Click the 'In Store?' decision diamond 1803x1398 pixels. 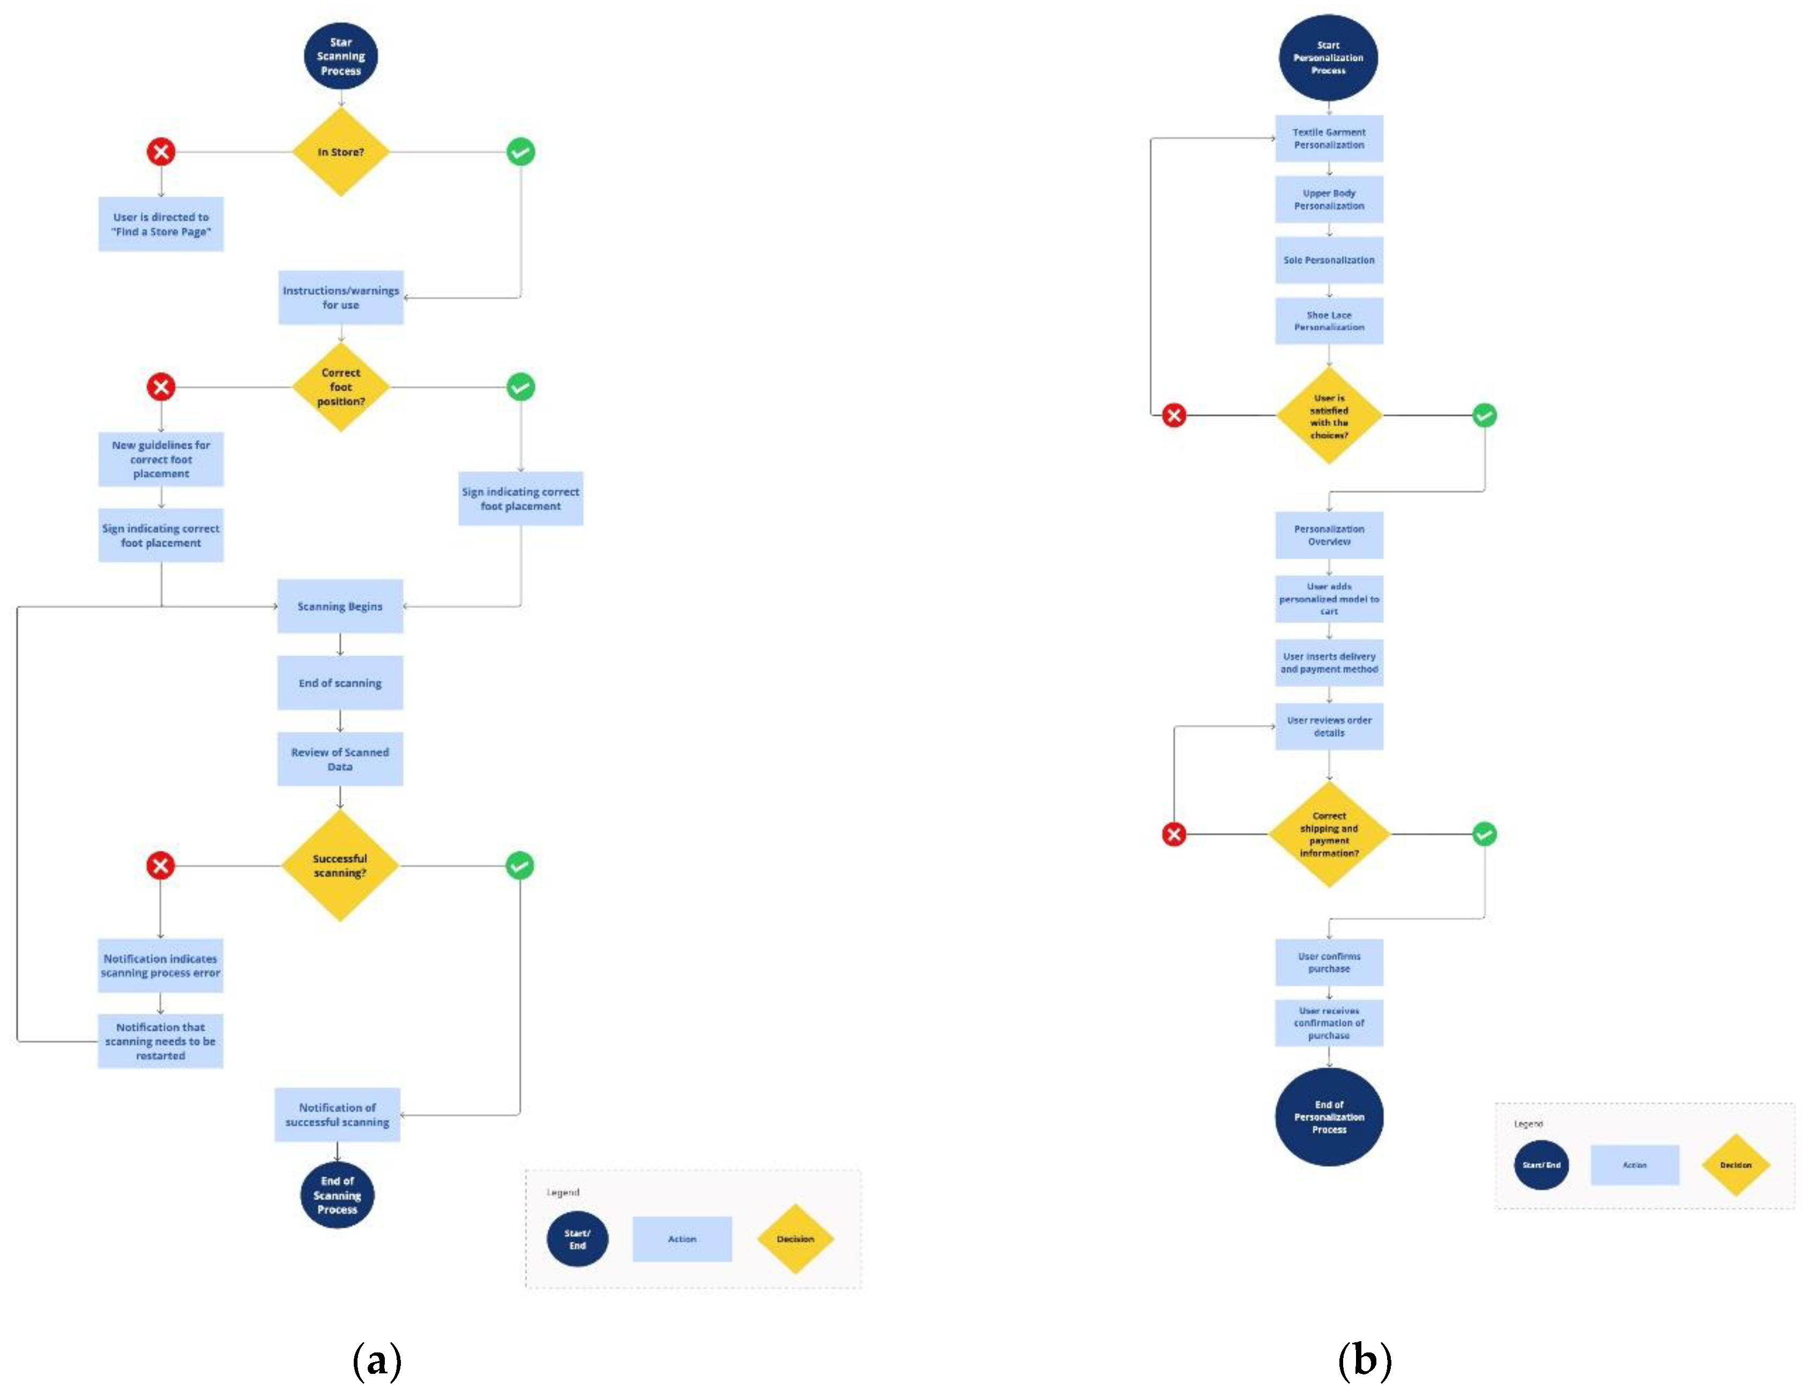click(x=340, y=152)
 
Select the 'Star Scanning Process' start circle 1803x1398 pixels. click(x=340, y=56)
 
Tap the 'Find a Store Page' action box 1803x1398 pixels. click(x=161, y=224)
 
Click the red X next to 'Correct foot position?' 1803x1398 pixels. click(x=161, y=386)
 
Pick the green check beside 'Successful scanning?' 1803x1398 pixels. click(x=519, y=865)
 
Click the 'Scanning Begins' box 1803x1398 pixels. click(x=340, y=606)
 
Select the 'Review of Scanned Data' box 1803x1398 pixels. click(x=340, y=759)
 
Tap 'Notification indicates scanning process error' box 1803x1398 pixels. click(x=160, y=965)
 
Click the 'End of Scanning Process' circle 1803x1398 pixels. click(x=337, y=1195)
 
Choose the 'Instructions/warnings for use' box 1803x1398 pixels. click(x=340, y=298)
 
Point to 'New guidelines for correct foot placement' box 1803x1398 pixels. click(x=161, y=459)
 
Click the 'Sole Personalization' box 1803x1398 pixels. click(x=1328, y=260)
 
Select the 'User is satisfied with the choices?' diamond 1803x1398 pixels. click(x=1328, y=415)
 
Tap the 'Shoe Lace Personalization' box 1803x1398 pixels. click(x=1328, y=321)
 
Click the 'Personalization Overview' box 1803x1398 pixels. click(x=1328, y=535)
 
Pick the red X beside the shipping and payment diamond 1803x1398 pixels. click(x=1174, y=834)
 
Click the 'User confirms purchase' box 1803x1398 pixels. click(x=1328, y=962)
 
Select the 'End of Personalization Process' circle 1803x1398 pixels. click(x=1328, y=1117)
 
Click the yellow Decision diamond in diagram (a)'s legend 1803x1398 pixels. click(x=795, y=1239)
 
